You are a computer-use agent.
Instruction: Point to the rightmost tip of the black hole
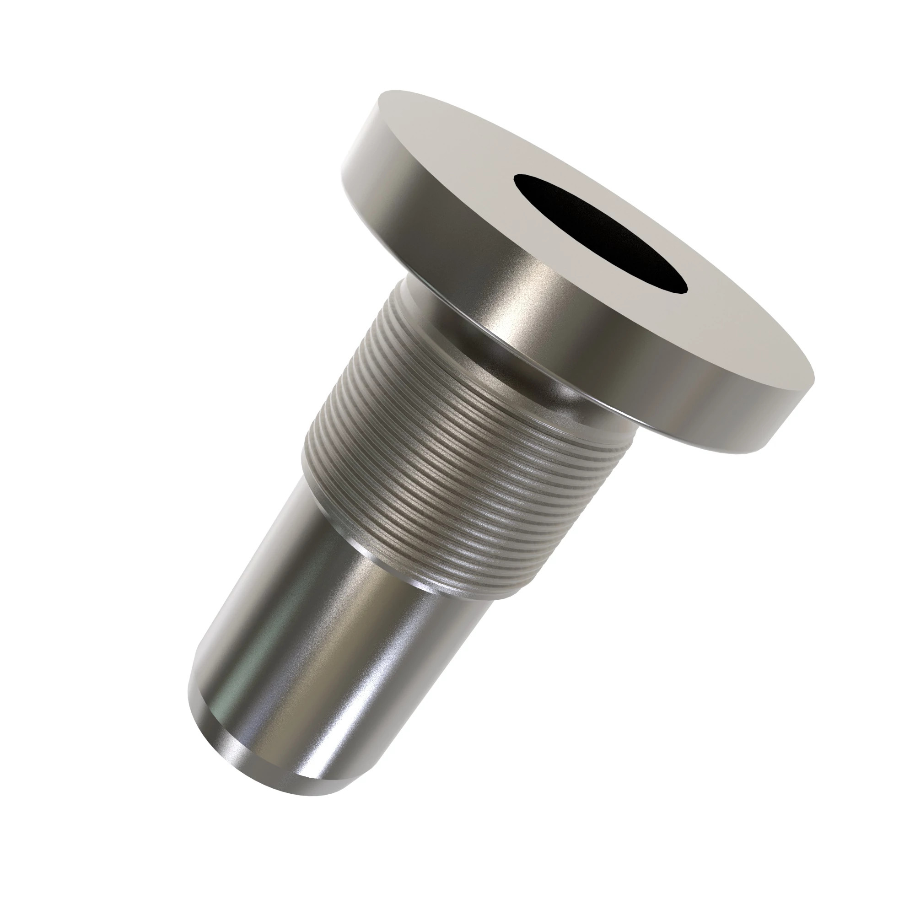[686, 290]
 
